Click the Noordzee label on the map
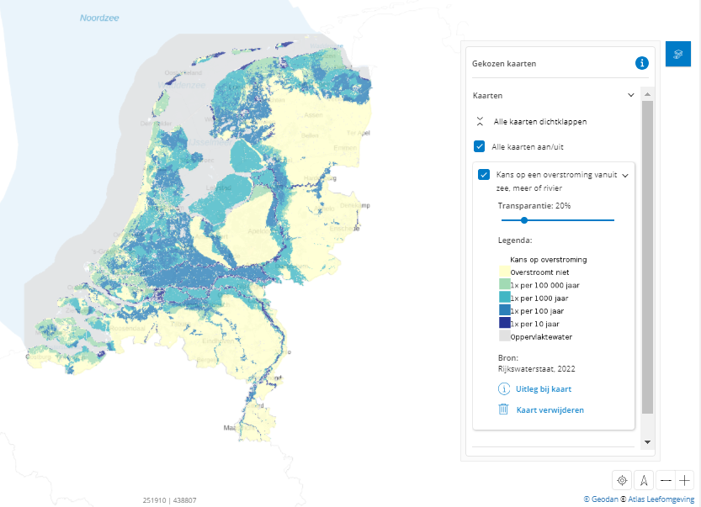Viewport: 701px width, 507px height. point(100,18)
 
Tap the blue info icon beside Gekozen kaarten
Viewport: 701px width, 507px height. point(641,62)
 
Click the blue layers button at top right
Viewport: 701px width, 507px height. point(678,54)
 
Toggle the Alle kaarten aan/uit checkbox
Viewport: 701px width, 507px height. point(480,146)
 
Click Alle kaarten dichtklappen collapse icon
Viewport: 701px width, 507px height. point(480,121)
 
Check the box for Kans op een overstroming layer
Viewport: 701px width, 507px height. point(484,175)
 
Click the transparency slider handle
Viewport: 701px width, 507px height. point(523,219)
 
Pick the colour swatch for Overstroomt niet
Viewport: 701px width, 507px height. point(504,272)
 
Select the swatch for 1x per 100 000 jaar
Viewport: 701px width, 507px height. point(504,285)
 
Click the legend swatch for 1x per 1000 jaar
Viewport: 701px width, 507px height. point(504,298)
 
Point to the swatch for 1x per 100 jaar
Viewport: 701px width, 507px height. point(504,310)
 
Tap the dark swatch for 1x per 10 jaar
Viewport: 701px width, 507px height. point(504,323)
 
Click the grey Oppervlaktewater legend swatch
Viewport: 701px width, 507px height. point(504,335)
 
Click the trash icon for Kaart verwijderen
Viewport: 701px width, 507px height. point(504,409)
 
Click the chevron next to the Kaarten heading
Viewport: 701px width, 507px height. point(631,96)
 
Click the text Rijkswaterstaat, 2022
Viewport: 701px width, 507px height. point(536,368)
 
